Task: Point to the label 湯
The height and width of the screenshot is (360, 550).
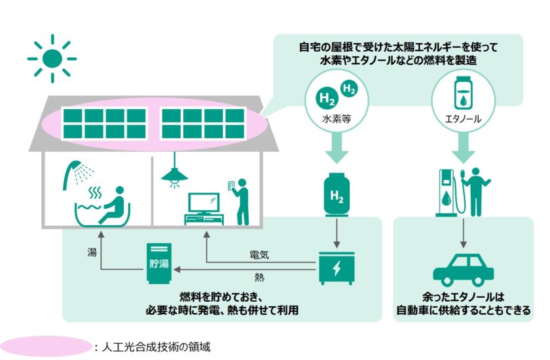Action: [x=92, y=251]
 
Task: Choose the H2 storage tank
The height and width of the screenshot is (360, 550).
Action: [x=337, y=194]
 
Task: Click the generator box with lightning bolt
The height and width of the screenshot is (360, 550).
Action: [x=337, y=268]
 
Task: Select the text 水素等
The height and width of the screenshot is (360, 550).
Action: [x=336, y=121]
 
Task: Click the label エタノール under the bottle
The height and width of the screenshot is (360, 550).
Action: [x=463, y=121]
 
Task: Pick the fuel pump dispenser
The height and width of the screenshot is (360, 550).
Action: [x=447, y=192]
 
